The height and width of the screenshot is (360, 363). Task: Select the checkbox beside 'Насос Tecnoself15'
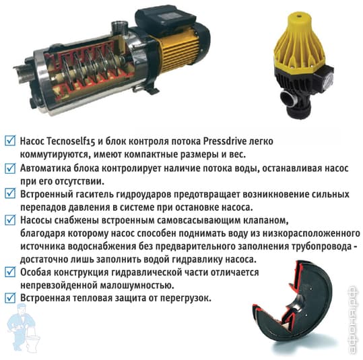tap(10, 141)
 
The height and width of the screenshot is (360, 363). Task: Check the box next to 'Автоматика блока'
tap(10, 168)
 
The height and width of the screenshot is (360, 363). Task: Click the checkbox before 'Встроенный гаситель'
tap(10, 194)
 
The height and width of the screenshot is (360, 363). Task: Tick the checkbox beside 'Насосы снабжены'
tap(10, 220)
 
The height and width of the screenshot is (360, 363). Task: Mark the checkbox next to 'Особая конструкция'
tap(10, 272)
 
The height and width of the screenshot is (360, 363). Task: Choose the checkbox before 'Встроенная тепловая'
tap(10, 297)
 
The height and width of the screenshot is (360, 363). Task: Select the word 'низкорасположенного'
tap(311, 234)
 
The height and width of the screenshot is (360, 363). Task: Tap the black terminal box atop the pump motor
tap(165, 18)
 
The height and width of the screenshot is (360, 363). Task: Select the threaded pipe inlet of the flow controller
tap(288, 98)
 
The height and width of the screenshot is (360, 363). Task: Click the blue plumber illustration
tap(22, 328)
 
